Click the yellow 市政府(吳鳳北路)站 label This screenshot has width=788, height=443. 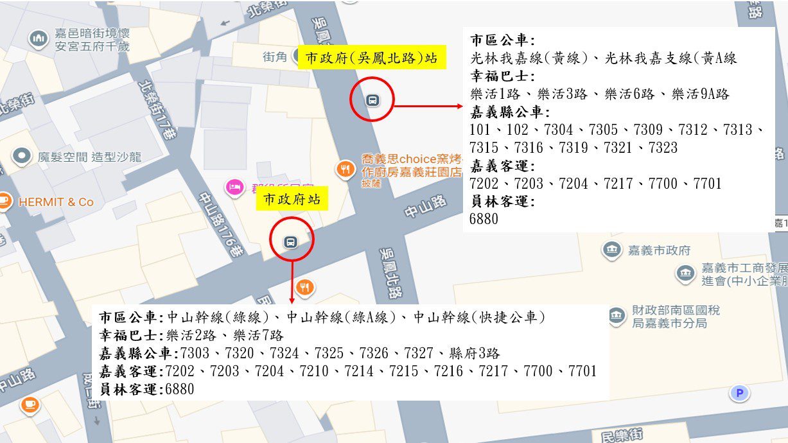(x=371, y=58)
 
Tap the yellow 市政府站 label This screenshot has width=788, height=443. (x=292, y=199)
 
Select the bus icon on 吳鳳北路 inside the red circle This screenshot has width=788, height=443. (x=371, y=100)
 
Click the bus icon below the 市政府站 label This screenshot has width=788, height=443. (x=290, y=241)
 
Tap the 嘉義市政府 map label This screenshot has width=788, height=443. (x=658, y=250)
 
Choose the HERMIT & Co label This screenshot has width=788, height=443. (x=56, y=202)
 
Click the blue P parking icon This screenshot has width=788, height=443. (x=739, y=392)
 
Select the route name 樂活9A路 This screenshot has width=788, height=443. (x=701, y=94)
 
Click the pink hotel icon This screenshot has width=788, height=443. (x=234, y=187)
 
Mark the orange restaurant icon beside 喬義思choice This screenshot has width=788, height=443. (x=346, y=169)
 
